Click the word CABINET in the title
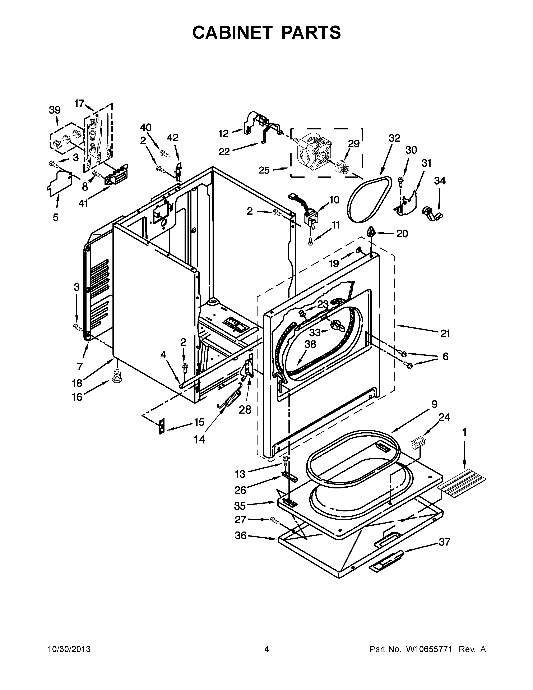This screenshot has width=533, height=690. coord(232,33)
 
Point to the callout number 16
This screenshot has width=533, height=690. coord(77,397)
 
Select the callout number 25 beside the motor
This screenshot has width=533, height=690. coord(264,170)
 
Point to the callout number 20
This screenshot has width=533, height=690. coord(402,234)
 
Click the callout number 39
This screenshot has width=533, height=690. coord(55,110)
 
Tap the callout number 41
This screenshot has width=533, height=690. coord(83,204)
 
